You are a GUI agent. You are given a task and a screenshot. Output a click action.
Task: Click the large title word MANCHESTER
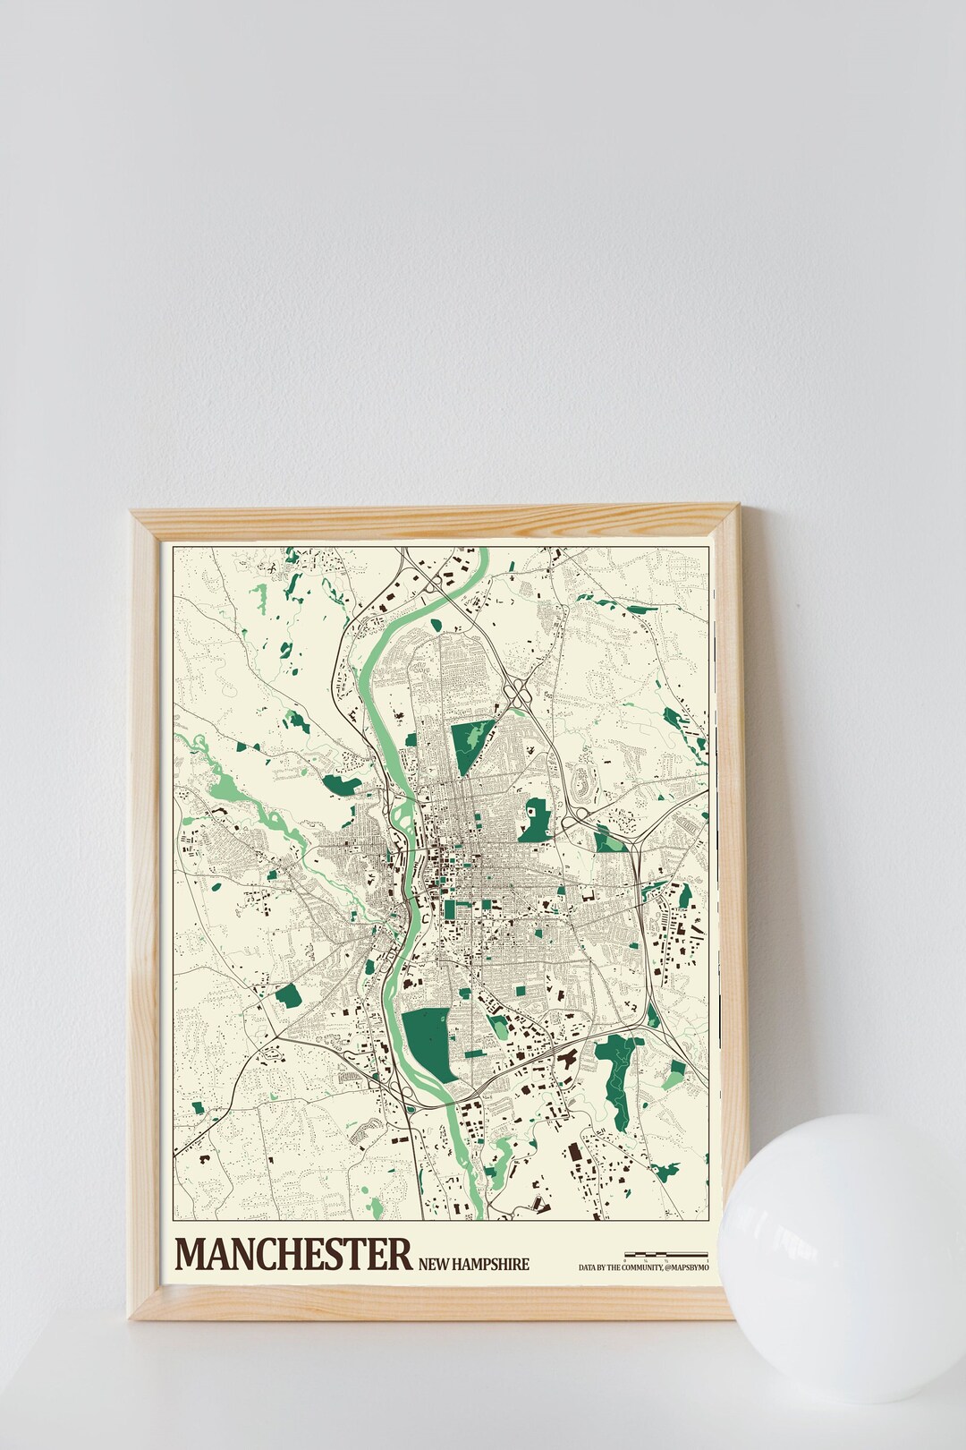(294, 1254)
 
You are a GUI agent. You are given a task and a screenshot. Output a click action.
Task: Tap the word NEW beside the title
(434, 1265)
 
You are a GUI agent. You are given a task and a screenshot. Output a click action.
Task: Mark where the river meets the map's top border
(484, 548)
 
